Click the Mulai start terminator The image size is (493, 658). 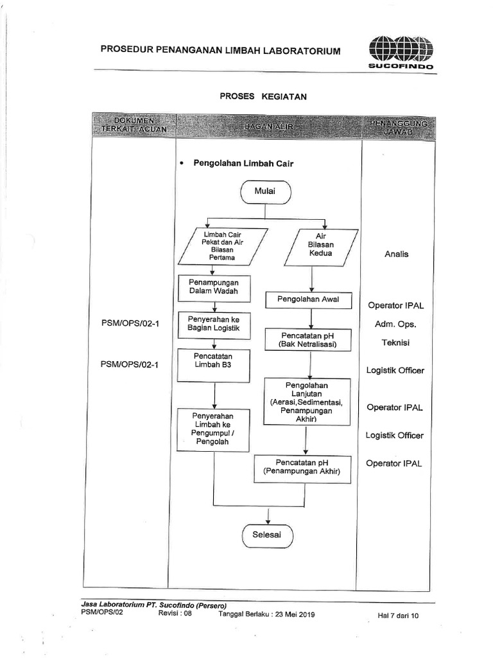pyautogui.click(x=266, y=191)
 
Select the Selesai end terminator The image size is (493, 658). pyautogui.click(x=266, y=534)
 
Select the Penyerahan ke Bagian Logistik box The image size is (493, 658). pyautogui.click(x=213, y=325)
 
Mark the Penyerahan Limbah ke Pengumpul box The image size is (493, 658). pyautogui.click(x=214, y=430)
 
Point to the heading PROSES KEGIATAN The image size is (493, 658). pyautogui.click(x=263, y=96)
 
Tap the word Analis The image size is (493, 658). pyautogui.click(x=396, y=254)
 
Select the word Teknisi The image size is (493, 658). pyautogui.click(x=396, y=342)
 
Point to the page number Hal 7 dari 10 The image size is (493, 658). pyautogui.click(x=398, y=616)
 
